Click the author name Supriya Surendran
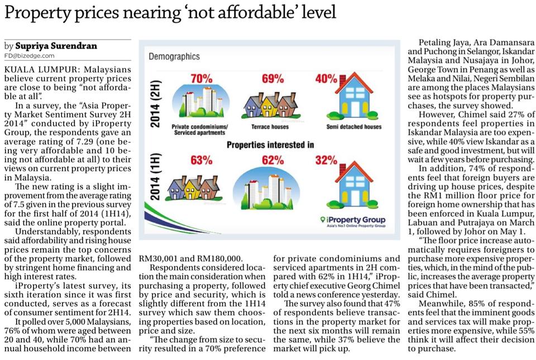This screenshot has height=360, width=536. pos(56,46)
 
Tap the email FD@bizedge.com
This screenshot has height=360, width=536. pos(30,56)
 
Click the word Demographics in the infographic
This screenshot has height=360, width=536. pos(174,56)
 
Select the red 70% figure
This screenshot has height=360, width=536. pos(202,79)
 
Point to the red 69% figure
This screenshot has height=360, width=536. pos(273,79)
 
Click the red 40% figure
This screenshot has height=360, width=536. pos(326,79)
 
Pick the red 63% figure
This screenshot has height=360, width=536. pos(202,160)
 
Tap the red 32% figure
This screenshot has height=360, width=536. pos(326,160)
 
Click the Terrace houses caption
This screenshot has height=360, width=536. pos(270,127)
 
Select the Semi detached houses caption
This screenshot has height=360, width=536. pos(354,127)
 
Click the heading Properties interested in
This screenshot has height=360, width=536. pos(270,145)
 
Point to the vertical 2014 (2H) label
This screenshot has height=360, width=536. pos(155,103)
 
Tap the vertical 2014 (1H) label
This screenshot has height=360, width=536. pos(155,177)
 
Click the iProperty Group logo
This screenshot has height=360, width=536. pos(353,221)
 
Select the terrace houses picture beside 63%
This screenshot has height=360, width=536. pos(194,188)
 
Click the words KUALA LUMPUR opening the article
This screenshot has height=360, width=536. pos(41,69)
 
